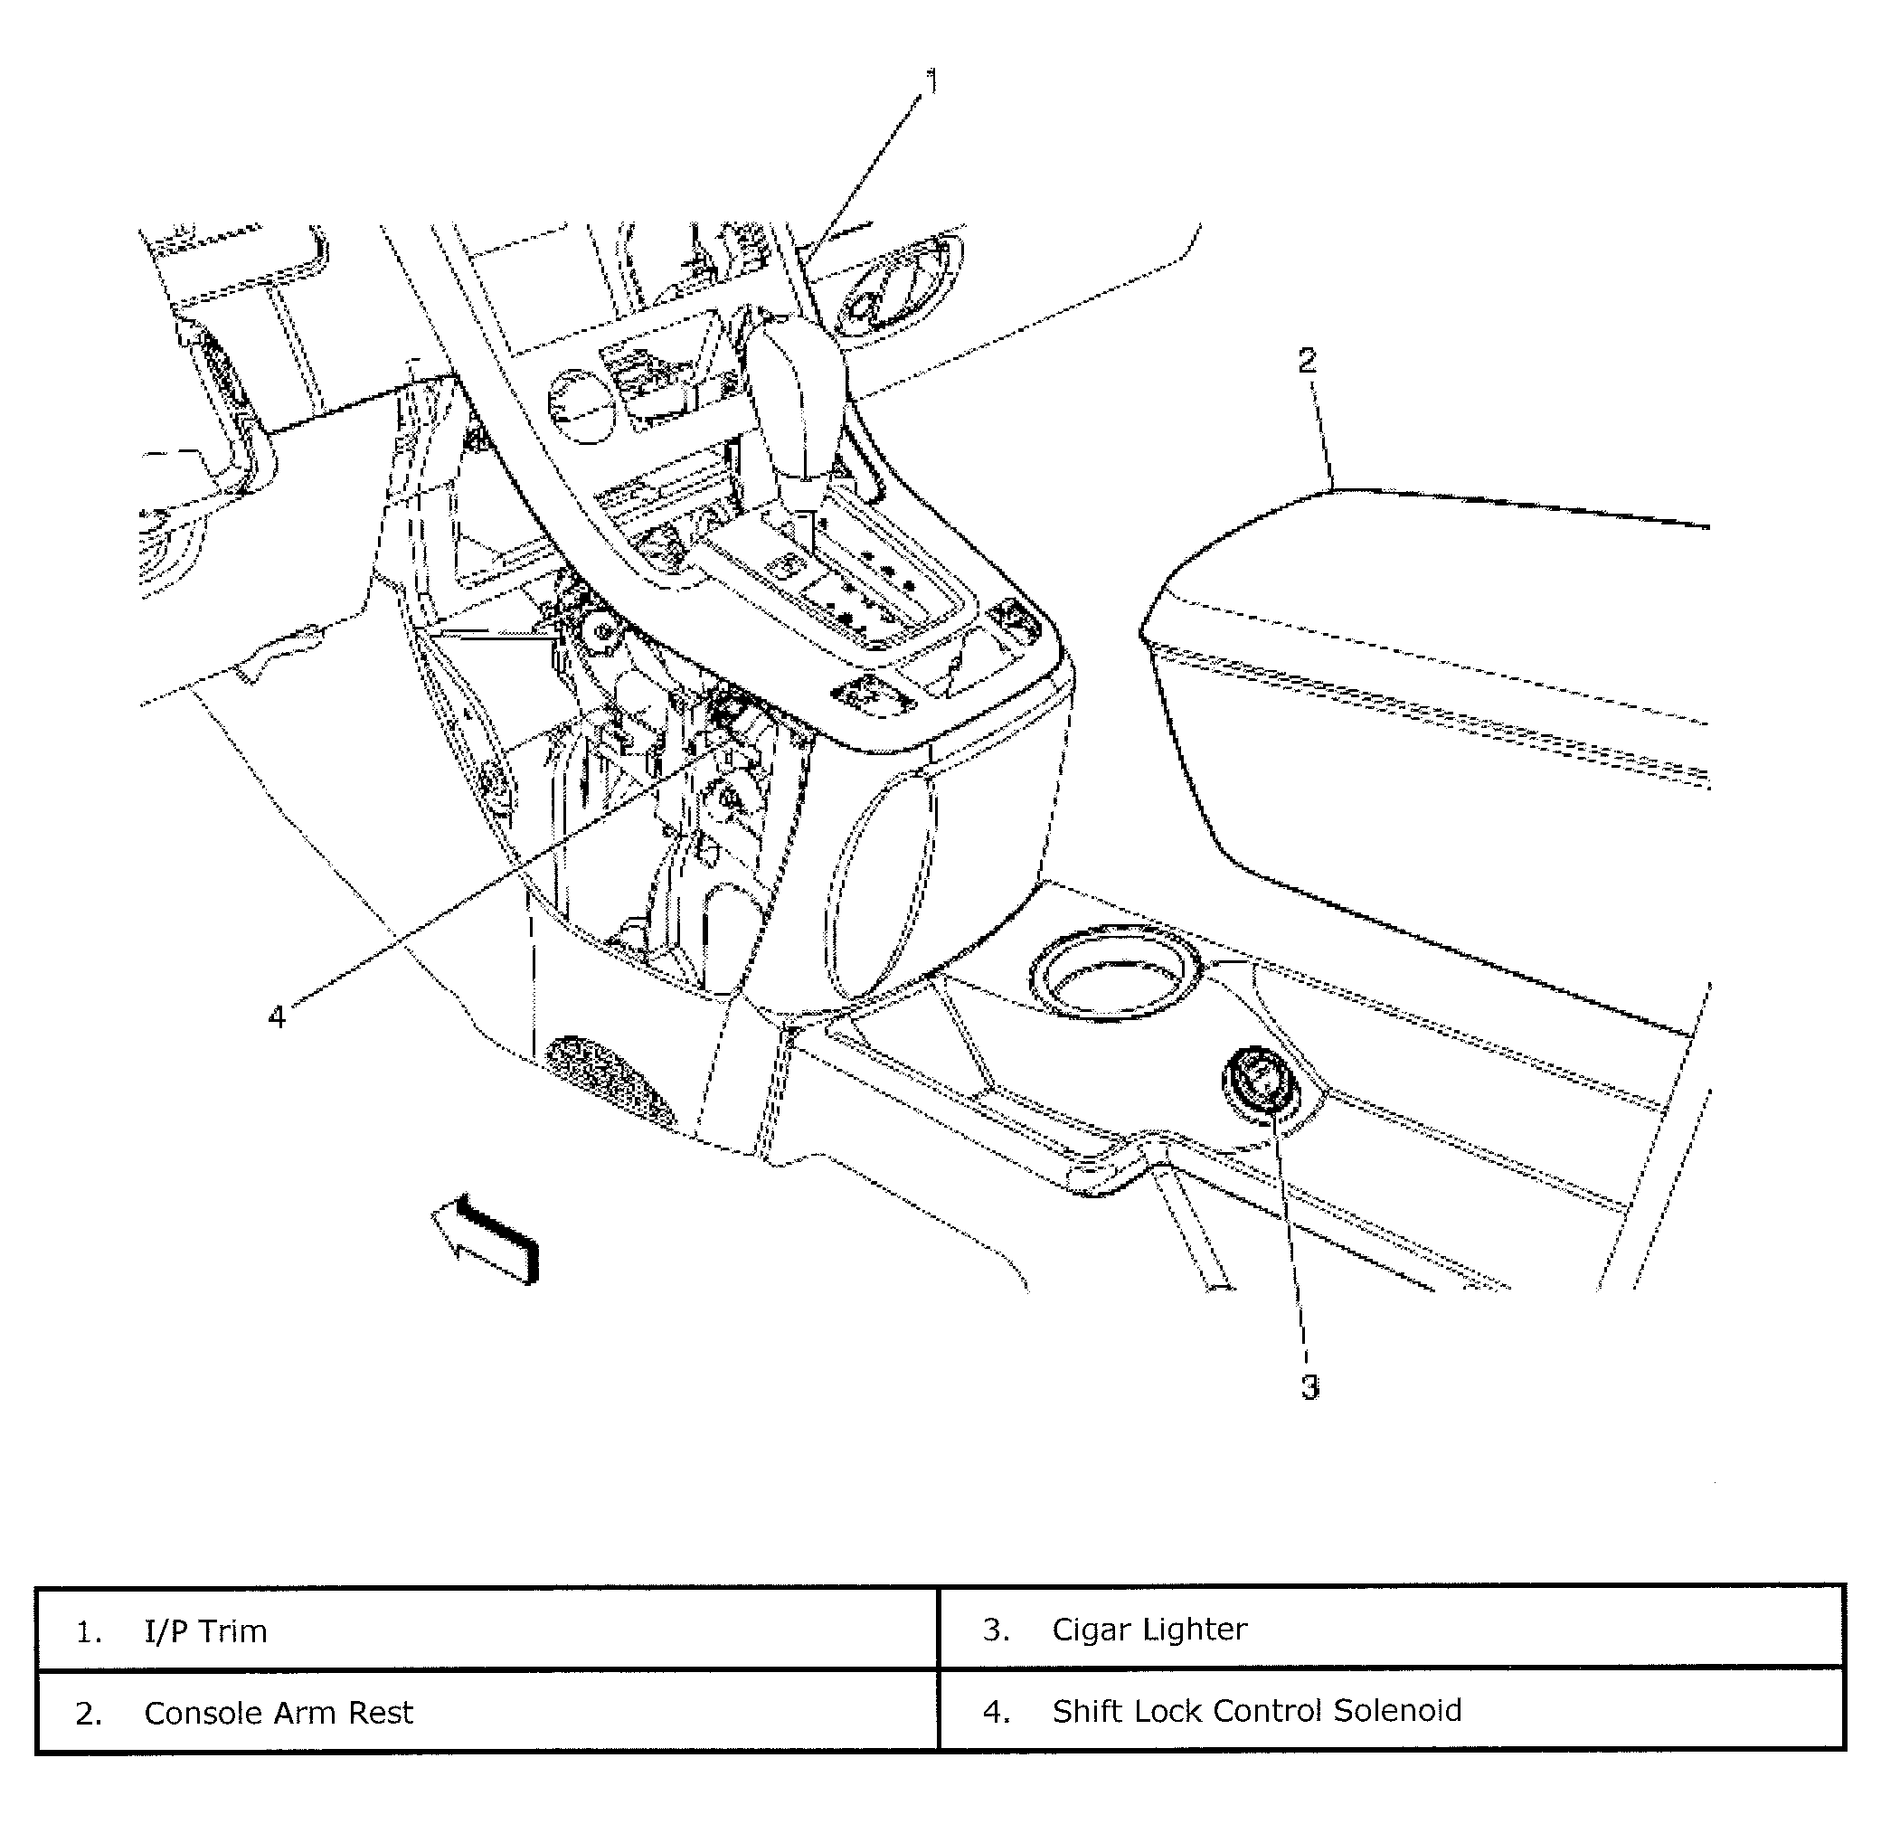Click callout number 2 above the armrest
point(1307,362)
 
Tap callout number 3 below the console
point(1310,1386)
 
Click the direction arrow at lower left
point(485,1238)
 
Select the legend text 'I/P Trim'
point(205,1631)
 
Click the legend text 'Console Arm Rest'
point(279,1713)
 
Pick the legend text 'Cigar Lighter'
point(1148,1630)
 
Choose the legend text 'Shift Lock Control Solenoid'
point(1256,1711)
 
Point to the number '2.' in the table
point(89,1714)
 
